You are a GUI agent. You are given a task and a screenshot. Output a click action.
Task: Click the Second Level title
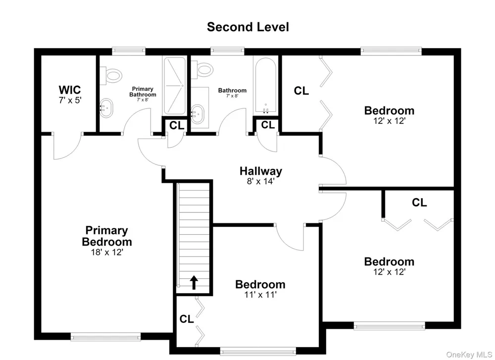(x=248, y=27)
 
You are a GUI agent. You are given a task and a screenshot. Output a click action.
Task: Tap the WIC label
(x=70, y=90)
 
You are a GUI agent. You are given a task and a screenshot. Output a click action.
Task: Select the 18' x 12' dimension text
(x=107, y=252)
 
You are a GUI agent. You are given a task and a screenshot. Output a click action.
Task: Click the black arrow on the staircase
(x=194, y=283)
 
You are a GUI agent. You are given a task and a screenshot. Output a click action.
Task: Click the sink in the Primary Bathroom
(x=106, y=108)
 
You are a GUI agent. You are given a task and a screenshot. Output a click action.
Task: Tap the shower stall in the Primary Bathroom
(x=174, y=86)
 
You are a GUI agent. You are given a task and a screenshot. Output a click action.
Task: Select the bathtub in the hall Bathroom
(x=266, y=85)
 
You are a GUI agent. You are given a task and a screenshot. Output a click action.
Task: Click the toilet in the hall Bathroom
(x=202, y=70)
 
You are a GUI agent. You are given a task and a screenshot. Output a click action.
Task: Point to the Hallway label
(x=261, y=171)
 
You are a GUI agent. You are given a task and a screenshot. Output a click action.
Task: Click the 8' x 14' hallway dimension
(x=261, y=181)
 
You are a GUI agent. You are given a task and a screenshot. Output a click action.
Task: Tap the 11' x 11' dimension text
(x=260, y=295)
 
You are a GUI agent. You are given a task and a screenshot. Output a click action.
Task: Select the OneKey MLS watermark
(x=469, y=355)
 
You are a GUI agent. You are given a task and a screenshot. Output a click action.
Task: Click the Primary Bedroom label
(x=107, y=236)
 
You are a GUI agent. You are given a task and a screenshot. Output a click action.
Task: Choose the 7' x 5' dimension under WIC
(x=70, y=101)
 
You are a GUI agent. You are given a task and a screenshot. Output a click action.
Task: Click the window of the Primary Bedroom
(x=106, y=338)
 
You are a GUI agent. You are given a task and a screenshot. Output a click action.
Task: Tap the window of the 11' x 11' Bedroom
(x=258, y=351)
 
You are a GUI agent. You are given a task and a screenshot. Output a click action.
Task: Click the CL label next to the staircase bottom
(x=187, y=319)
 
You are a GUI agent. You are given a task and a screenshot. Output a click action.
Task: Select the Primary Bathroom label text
(x=143, y=92)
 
